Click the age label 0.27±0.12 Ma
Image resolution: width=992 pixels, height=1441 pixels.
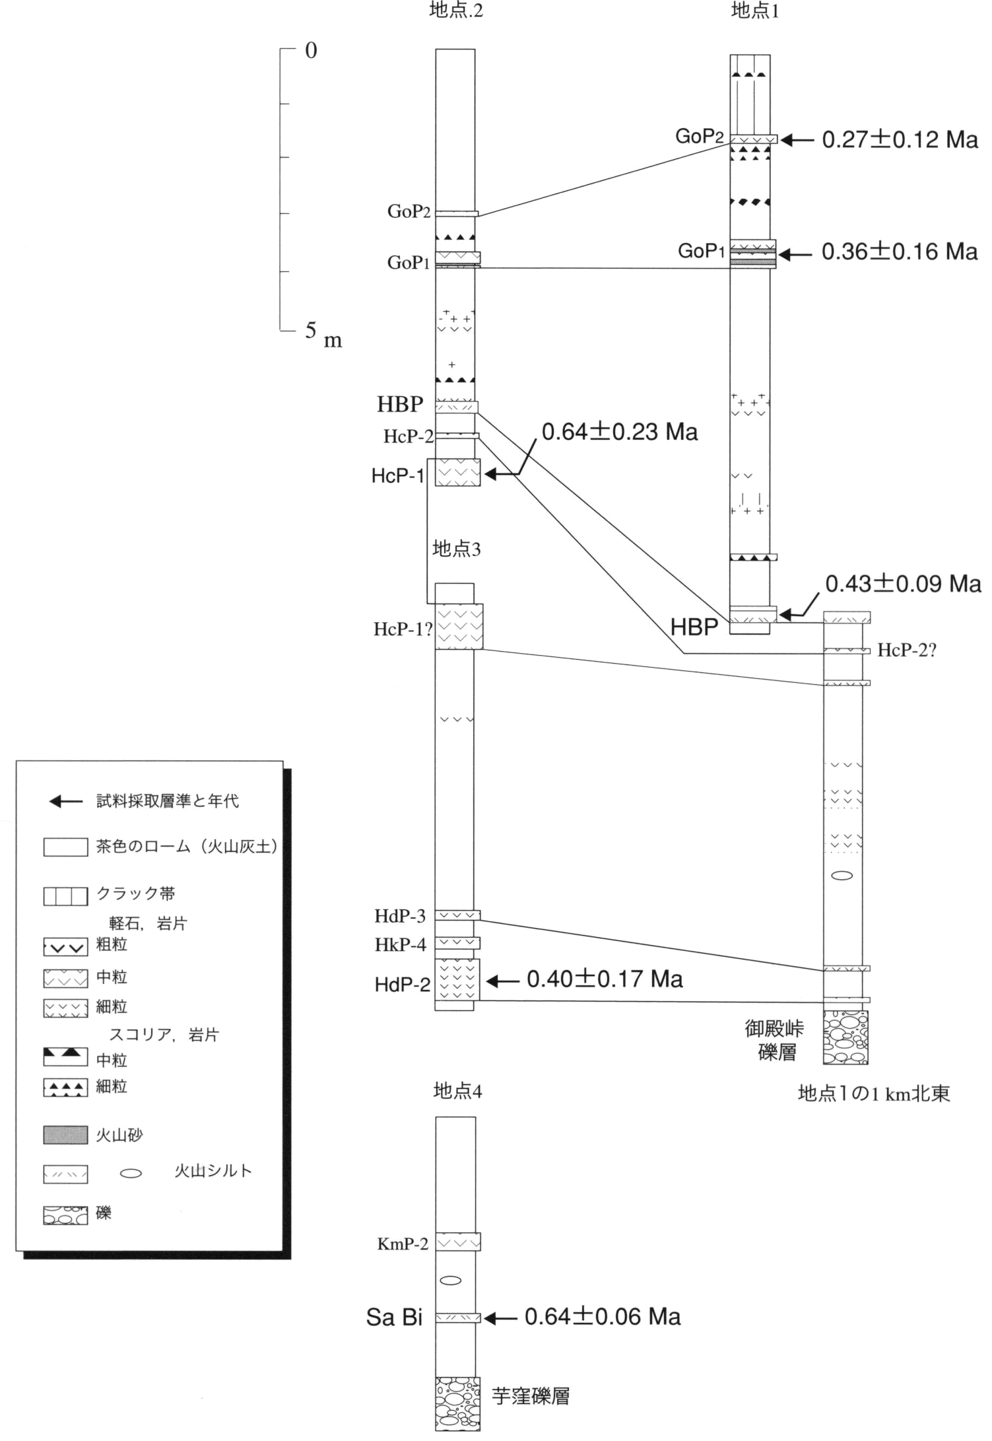click(x=900, y=139)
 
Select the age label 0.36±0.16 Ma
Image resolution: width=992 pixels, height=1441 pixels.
click(x=900, y=252)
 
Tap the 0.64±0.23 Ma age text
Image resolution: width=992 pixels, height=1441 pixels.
click(x=620, y=432)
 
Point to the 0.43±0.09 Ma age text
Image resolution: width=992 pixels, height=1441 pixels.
click(x=904, y=584)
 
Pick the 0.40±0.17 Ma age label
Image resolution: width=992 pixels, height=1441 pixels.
click(x=605, y=979)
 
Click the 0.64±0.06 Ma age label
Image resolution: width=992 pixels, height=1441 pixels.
click(x=603, y=1316)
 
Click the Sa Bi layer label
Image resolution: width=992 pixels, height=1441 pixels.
click(x=394, y=1318)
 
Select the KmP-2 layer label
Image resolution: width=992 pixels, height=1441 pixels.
click(x=403, y=1244)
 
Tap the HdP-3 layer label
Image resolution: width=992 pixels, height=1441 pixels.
click(x=400, y=916)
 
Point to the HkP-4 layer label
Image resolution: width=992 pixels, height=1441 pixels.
click(x=400, y=945)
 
